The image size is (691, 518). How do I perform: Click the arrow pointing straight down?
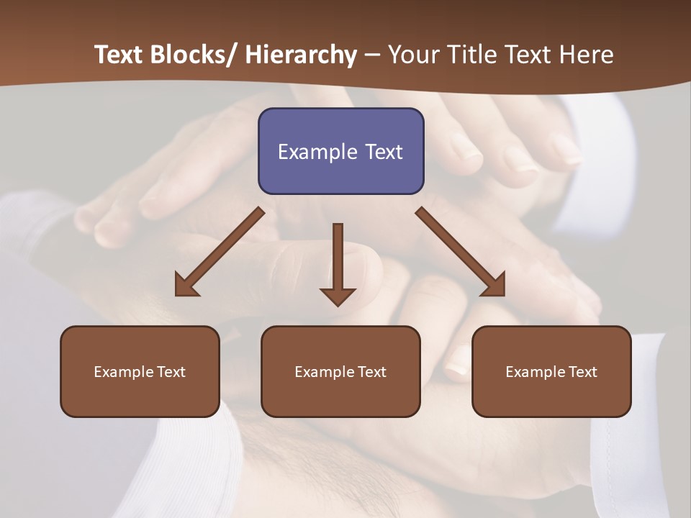[338, 263]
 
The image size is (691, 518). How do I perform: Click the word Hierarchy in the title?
[301, 55]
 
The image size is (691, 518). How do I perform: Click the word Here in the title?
[588, 55]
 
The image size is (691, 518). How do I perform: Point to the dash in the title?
[372, 55]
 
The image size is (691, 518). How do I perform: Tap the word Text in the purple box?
[382, 152]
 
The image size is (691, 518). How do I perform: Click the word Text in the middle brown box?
[371, 372]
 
